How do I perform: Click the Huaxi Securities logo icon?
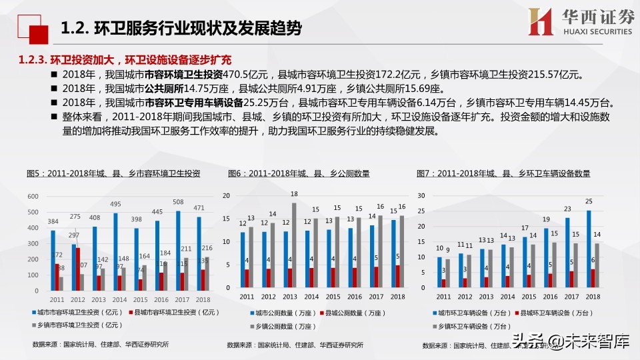pos(541,23)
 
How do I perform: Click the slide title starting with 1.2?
pos(181,28)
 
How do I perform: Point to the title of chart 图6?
pos(299,173)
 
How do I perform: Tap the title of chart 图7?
pos(503,173)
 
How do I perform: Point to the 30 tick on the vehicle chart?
pos(420,196)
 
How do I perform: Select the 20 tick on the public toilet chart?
pos(226,196)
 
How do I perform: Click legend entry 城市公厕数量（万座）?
pos(280,312)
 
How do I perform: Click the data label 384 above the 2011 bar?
pos(53,221)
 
